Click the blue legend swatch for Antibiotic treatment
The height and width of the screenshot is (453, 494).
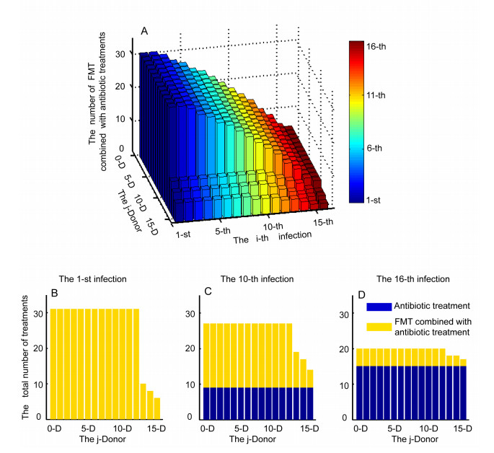(383, 307)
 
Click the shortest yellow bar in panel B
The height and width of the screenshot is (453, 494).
(157, 408)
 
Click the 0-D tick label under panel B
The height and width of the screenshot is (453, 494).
(53, 428)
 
